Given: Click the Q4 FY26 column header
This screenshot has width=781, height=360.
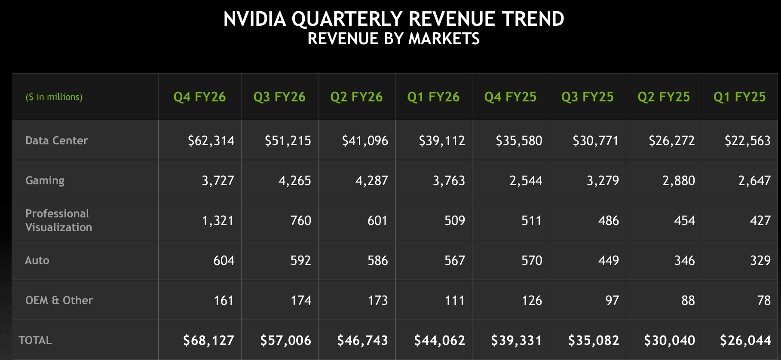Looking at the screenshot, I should click(199, 97).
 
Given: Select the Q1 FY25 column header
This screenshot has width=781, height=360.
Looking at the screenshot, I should click(739, 97).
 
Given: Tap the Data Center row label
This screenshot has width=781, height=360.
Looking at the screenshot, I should click(56, 140).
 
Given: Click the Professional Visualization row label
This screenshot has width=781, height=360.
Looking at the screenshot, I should click(58, 220).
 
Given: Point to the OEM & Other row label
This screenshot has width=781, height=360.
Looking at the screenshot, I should click(59, 300).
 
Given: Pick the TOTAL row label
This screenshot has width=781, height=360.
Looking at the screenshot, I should click(35, 340).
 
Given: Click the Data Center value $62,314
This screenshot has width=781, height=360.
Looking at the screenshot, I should click(211, 140).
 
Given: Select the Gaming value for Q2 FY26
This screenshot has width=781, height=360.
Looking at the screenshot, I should click(371, 180).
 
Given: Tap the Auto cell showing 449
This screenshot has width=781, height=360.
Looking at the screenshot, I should click(608, 260).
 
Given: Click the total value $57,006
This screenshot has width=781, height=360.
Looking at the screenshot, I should click(285, 340).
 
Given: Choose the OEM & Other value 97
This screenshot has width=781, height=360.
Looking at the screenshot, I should click(612, 300).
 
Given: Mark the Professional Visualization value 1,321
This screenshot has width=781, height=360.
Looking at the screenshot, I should click(217, 220).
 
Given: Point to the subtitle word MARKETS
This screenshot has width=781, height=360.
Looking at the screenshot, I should click(444, 39).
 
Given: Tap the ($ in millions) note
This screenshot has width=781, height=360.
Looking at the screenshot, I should click(54, 97).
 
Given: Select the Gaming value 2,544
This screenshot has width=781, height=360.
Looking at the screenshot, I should click(526, 180).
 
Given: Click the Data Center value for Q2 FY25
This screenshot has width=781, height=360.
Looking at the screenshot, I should click(671, 140).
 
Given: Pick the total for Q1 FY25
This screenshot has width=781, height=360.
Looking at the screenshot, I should click(745, 340).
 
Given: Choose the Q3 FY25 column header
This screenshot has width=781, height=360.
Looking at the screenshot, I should click(587, 97).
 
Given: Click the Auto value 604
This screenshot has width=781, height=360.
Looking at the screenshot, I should click(224, 260).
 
